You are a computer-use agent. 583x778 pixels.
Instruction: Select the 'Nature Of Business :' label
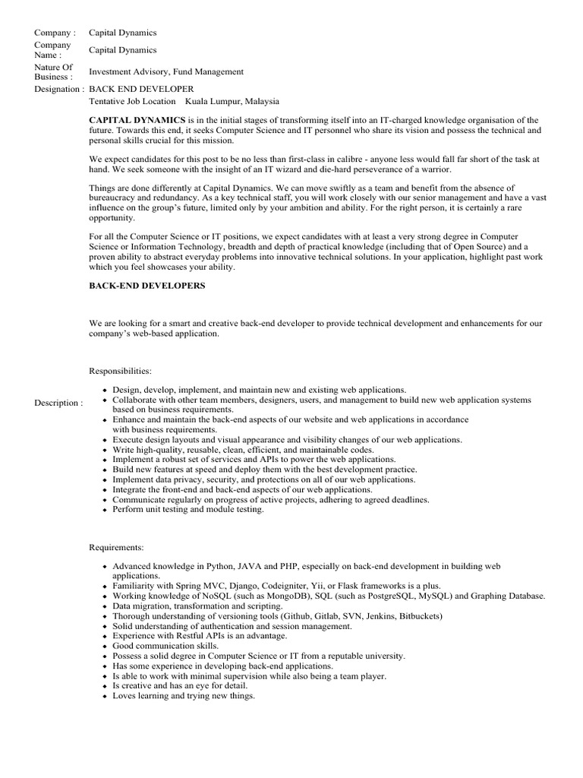coord(55,72)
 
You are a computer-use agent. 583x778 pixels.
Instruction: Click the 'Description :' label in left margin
coord(58,403)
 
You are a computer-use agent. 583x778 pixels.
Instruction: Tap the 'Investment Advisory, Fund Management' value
coord(166,72)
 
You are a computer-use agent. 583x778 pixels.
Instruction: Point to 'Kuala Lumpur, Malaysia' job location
coord(232,101)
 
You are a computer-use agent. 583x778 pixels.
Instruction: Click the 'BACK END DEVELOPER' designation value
coord(141,89)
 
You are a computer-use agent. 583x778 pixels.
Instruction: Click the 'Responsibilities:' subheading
coord(120,371)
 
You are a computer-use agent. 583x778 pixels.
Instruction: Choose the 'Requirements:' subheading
coord(118,547)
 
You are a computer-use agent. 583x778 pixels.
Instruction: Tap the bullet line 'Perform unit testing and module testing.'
coord(188,510)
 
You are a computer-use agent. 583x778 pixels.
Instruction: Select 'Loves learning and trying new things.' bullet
coord(184,696)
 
